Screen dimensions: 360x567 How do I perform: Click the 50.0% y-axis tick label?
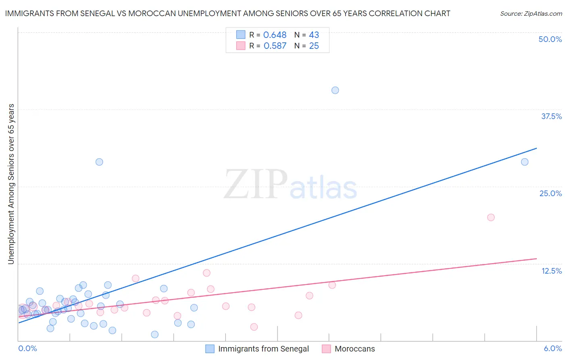coord(550,39)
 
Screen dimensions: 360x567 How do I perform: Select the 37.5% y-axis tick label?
coord(551,116)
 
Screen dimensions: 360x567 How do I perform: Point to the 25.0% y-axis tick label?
coord(550,193)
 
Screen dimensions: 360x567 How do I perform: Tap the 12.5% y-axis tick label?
coord(551,271)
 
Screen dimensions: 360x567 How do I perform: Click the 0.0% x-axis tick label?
coord(28,348)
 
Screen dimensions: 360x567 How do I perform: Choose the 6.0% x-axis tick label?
coord(552,348)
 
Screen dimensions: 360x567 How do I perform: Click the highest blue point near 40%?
coord(335,90)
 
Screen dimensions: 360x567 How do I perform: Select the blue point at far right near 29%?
coord(525,162)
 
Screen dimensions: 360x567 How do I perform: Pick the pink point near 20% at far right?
coord(491,218)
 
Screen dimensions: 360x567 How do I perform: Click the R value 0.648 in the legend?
coord(275,35)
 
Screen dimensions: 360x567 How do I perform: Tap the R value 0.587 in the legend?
coord(275,46)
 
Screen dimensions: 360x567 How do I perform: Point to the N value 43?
coord(314,35)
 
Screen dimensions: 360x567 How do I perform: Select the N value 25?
coord(314,46)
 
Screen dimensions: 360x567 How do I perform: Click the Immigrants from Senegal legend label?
coord(263,349)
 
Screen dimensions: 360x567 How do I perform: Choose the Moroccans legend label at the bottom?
coord(354,349)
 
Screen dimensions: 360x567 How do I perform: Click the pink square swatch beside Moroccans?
coord(326,349)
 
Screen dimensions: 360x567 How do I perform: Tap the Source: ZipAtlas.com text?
coord(531,14)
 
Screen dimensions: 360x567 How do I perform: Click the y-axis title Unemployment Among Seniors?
coord(11,184)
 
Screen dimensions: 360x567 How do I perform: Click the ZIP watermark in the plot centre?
coord(255,184)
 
